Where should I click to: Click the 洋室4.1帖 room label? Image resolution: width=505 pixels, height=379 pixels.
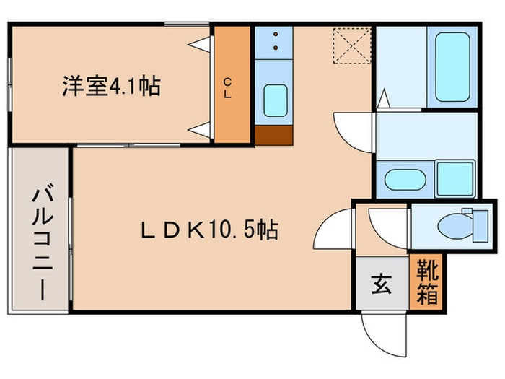110,87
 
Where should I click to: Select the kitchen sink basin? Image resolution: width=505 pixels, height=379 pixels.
274,100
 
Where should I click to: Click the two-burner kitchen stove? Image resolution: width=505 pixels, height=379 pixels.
274,43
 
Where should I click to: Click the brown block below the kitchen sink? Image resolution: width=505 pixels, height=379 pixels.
274,136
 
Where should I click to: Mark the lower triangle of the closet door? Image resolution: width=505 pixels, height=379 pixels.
203,128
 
